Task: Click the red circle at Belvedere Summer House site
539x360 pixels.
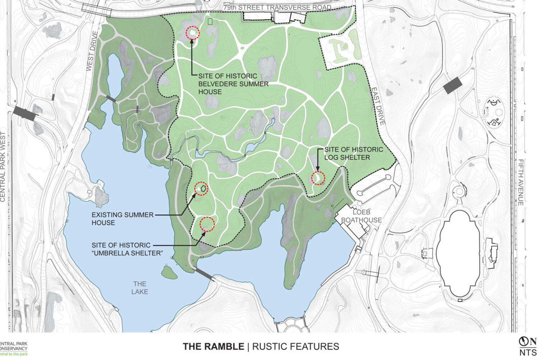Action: (192, 33)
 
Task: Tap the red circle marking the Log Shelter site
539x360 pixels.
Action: (318, 178)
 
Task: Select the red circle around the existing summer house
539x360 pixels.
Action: (201, 188)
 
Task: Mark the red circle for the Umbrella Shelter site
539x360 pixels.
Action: (207, 224)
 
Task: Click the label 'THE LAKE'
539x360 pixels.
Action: (139, 288)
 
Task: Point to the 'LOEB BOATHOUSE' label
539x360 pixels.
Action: (361, 216)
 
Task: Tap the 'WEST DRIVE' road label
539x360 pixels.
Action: (92, 51)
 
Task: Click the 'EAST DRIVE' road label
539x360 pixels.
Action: (378, 106)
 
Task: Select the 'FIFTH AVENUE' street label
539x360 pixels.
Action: (520, 182)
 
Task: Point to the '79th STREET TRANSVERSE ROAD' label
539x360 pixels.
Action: (277, 8)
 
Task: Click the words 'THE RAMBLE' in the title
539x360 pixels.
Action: (213, 346)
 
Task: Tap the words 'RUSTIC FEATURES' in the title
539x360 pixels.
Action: (295, 346)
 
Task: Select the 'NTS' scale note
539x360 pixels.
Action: (528, 353)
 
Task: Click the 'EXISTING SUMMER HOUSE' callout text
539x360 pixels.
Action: (122, 219)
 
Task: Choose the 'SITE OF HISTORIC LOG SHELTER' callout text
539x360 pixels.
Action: (354, 153)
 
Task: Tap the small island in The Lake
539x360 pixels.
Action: (169, 273)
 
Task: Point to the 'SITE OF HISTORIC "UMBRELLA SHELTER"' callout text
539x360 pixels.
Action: (127, 249)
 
